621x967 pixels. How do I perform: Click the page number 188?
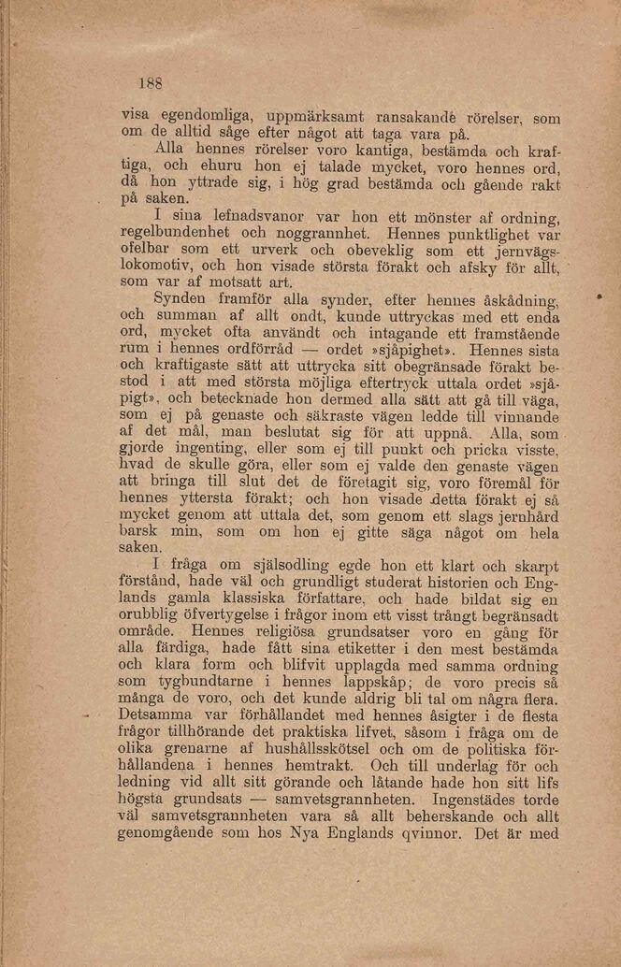[150, 81]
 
